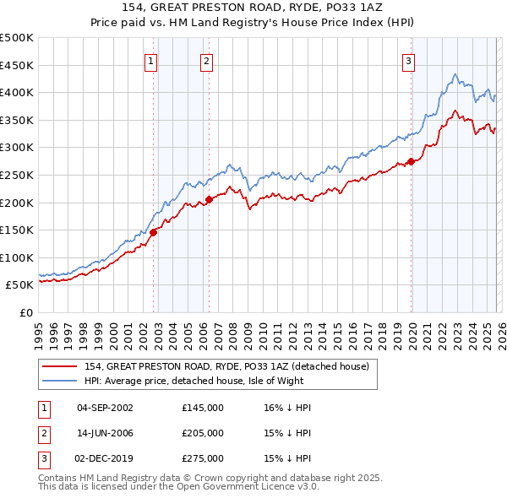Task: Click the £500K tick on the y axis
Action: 17,38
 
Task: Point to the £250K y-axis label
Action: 17,175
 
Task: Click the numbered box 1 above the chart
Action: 150,60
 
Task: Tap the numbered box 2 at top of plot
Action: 206,60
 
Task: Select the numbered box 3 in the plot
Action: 408,60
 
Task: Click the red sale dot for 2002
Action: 154,233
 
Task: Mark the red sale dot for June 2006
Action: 210,200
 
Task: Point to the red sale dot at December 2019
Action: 411,161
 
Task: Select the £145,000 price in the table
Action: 202,408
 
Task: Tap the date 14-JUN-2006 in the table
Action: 105,433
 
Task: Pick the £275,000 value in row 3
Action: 202,458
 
